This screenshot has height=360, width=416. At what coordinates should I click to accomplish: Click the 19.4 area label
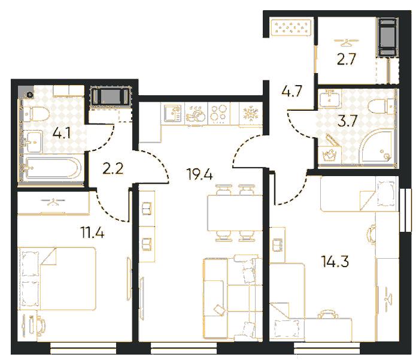click(x=199, y=174)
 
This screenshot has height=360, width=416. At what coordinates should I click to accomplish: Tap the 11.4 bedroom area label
click(x=93, y=233)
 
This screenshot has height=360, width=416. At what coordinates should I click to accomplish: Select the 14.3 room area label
click(x=335, y=261)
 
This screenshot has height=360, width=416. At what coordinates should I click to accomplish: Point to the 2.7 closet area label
click(x=346, y=59)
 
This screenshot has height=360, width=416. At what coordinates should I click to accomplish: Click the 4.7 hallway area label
click(x=291, y=91)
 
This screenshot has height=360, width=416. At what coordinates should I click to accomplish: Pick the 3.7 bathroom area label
click(x=347, y=121)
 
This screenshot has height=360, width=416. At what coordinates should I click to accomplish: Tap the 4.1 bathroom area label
click(x=62, y=133)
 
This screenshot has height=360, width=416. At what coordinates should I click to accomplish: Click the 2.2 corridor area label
click(x=113, y=168)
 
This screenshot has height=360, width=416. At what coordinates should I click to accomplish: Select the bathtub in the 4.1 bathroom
click(x=51, y=168)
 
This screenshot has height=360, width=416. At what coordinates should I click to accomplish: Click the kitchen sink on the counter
click(x=172, y=113)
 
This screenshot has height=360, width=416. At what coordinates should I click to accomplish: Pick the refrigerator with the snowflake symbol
click(x=250, y=114)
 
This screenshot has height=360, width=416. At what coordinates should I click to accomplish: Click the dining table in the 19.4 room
click(x=235, y=213)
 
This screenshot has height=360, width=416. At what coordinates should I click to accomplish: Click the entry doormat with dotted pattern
click(x=291, y=28)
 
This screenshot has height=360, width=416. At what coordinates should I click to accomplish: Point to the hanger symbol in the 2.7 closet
click(x=346, y=41)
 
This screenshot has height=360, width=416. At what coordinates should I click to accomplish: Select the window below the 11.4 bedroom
click(x=83, y=348)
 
